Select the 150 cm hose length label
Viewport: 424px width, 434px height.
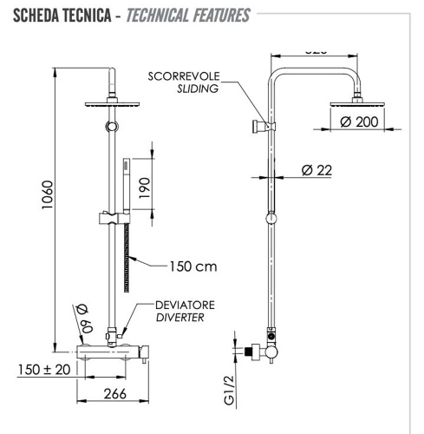coord(193,266)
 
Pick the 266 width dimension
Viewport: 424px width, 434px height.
coord(109,393)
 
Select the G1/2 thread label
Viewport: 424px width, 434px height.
coord(230,390)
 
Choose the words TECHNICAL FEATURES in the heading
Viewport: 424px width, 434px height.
coord(188,15)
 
